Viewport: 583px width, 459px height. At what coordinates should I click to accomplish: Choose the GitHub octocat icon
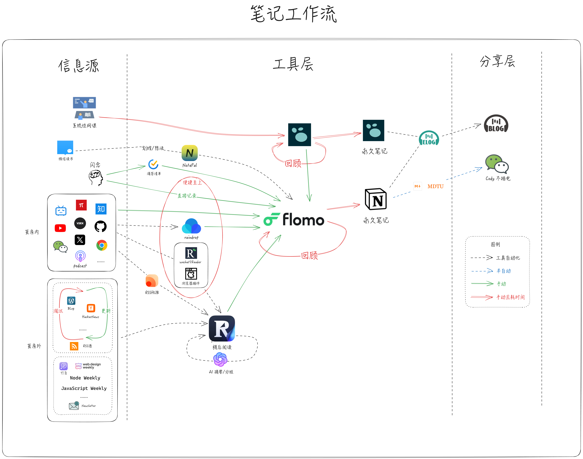click(x=101, y=226)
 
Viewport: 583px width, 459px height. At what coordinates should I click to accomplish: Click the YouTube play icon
click(x=60, y=228)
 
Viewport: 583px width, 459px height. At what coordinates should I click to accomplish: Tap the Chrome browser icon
click(x=102, y=245)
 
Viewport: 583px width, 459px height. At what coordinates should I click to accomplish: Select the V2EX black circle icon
click(x=80, y=223)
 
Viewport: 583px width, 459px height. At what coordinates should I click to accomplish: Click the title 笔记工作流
click(x=293, y=14)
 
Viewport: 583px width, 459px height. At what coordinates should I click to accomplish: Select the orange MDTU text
click(x=435, y=186)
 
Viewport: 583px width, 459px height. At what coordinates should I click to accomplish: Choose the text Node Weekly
click(x=85, y=378)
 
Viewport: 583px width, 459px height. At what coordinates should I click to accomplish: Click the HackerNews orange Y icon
click(x=91, y=308)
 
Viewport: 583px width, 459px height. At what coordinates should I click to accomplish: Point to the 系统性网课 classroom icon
click(x=84, y=108)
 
